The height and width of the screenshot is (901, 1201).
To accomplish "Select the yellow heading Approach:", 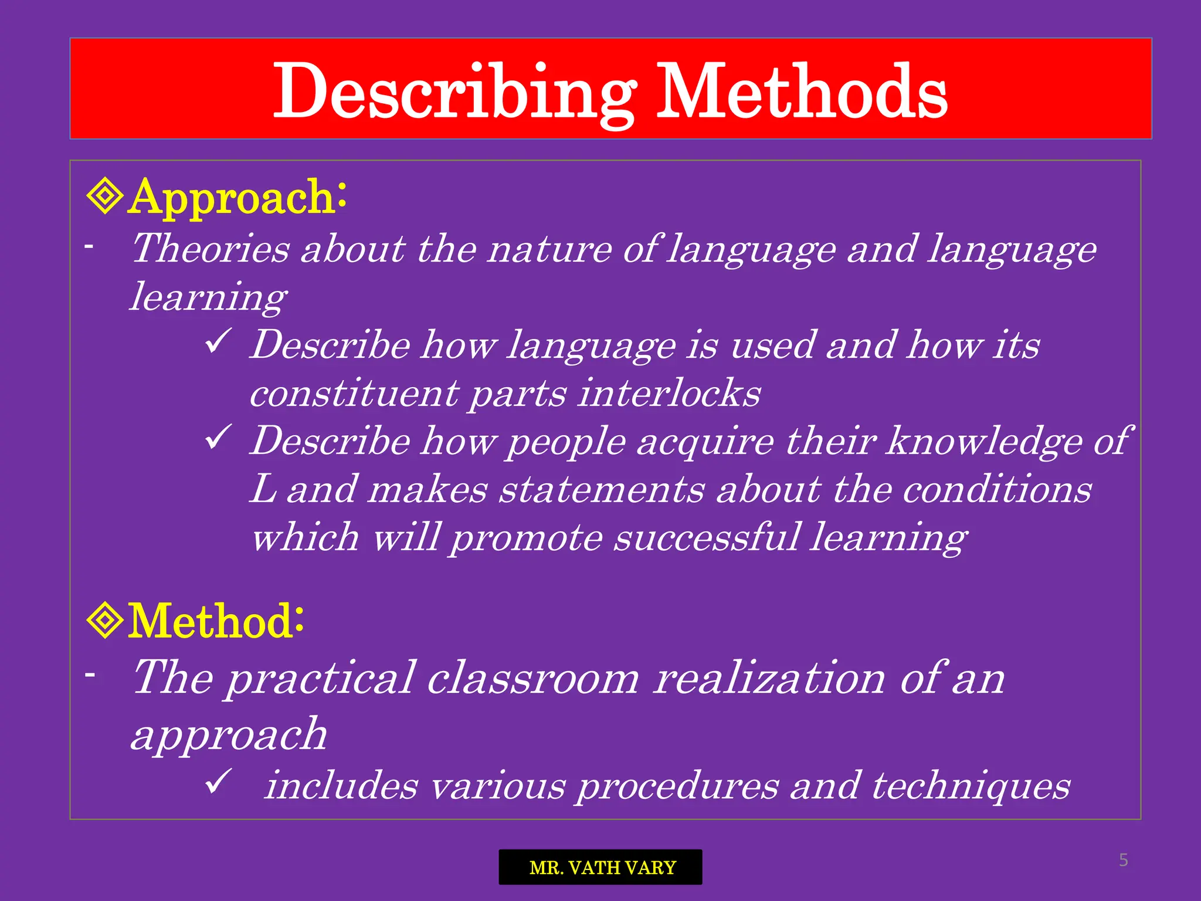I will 238,197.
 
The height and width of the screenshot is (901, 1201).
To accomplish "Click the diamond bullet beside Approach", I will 104,197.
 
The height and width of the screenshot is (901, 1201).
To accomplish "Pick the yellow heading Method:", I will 216,621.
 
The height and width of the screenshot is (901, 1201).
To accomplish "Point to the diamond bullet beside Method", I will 104,621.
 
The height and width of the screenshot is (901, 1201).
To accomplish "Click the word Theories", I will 211,249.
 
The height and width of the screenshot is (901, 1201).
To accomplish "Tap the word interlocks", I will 669,393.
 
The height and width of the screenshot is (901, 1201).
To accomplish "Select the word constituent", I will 354,393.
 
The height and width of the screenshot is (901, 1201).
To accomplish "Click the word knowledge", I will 983,441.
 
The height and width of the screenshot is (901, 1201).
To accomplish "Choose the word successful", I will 706,537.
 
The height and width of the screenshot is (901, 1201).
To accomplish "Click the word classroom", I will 532,679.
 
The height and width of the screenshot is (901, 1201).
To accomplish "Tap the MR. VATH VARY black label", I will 600,867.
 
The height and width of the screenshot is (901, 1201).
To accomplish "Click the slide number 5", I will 1123,860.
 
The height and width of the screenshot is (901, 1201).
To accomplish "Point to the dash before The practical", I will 90,675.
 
